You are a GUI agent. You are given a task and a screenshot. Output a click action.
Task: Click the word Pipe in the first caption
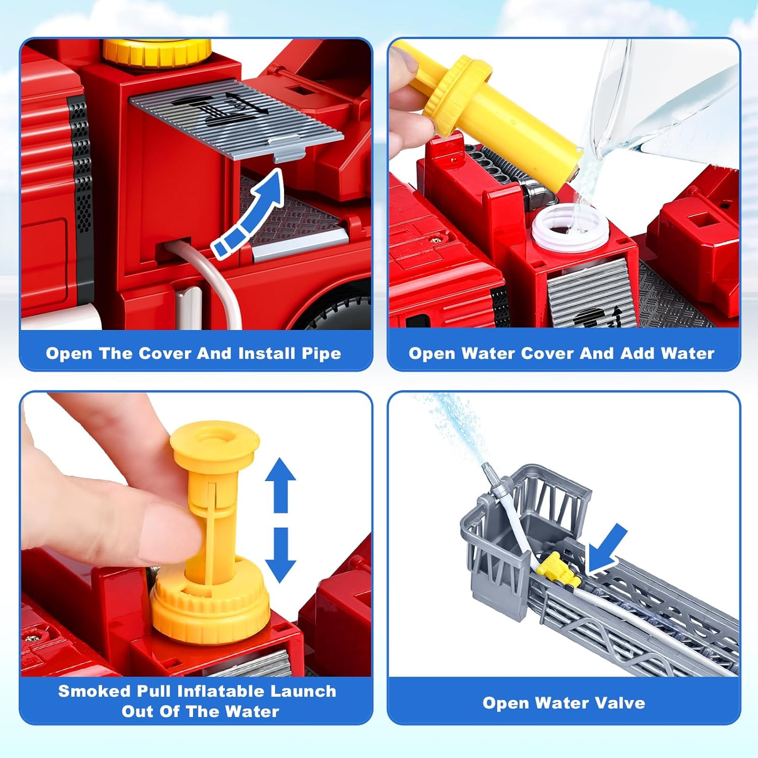[x=321, y=354]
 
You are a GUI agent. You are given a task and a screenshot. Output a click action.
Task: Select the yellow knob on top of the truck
[x=157, y=52]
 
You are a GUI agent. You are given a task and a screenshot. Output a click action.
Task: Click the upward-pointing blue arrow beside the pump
[x=280, y=485]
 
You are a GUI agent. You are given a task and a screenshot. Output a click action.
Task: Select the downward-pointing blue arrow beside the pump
[x=280, y=555]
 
